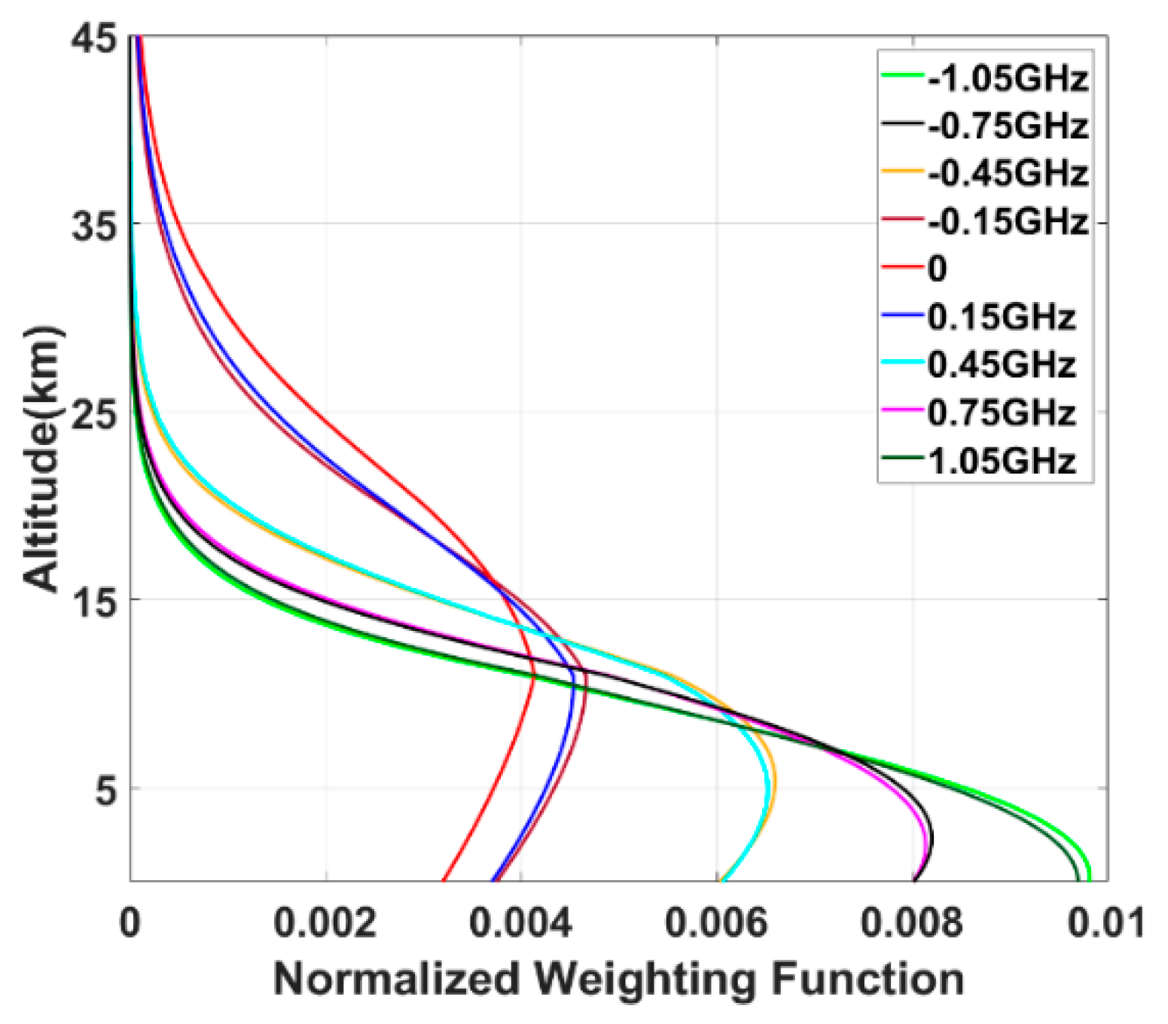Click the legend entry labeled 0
pyautogui.click(x=937, y=269)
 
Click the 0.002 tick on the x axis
pyautogui.click(x=325, y=922)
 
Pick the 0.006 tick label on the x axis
pyautogui.click(x=716, y=922)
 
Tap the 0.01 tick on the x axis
pyautogui.click(x=1105, y=922)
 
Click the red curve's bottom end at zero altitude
pyautogui.click(x=444, y=879)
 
